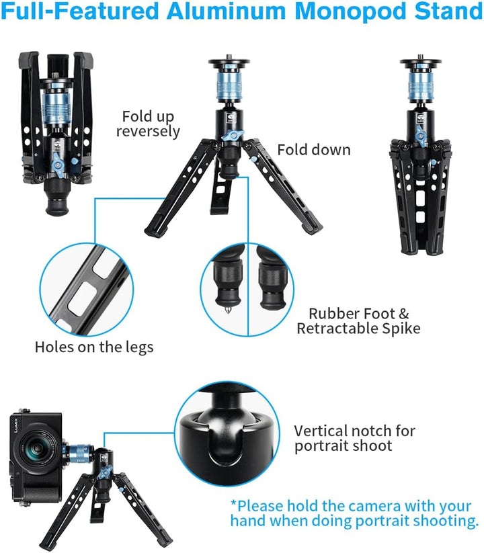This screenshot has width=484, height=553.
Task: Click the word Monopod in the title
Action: pos(327,11)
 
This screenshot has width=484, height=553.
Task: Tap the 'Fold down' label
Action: pos(314,150)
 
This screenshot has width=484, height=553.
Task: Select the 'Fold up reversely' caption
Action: pos(148,123)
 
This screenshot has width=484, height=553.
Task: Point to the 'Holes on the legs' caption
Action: pos(94,347)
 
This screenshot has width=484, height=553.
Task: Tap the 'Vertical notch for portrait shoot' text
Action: pos(354,438)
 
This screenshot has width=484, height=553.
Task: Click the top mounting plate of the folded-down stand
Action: pos(421,65)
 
